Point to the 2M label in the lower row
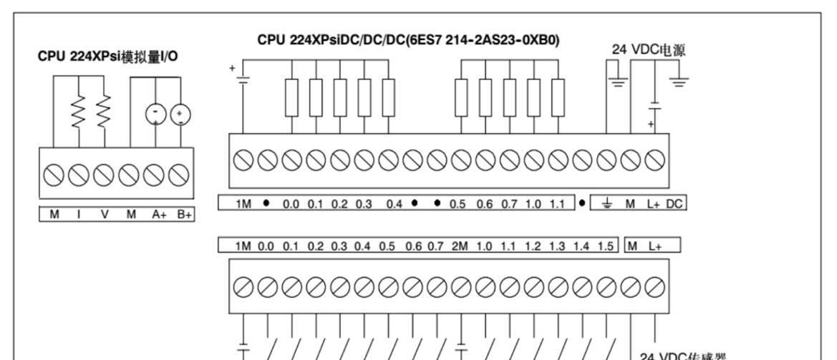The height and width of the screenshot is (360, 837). [459, 246]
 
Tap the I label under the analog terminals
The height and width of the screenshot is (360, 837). [78, 214]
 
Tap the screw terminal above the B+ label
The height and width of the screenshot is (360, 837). [179, 174]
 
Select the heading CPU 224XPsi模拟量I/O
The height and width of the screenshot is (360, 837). [108, 56]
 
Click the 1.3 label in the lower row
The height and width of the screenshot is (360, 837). [557, 246]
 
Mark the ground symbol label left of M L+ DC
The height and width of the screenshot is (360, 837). [607, 204]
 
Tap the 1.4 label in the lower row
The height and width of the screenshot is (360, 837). [581, 246]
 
